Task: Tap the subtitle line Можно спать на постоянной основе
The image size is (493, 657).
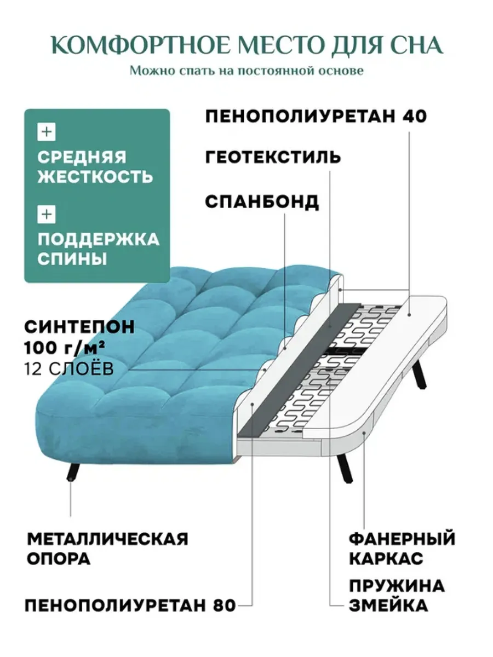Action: (246, 71)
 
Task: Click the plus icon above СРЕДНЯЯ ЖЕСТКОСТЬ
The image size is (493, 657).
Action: (47, 132)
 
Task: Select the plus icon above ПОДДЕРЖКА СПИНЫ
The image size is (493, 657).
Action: (47, 214)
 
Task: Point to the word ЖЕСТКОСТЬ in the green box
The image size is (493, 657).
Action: (95, 177)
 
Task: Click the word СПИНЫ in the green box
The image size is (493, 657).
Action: (72, 258)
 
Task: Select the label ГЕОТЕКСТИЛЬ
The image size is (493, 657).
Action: (273, 157)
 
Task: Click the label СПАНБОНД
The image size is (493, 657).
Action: (262, 201)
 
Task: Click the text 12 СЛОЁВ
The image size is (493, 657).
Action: (69, 369)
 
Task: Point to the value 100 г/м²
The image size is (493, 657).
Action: (64, 348)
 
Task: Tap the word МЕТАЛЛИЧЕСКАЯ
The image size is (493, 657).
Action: (108, 539)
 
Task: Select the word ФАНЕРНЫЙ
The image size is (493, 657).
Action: (402, 539)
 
